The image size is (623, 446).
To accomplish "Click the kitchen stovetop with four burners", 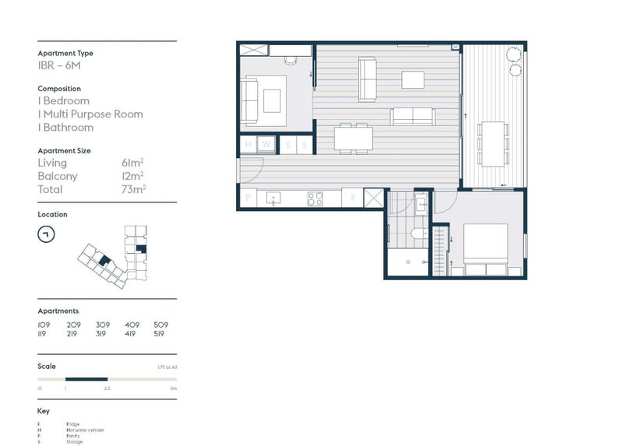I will pos(315,198).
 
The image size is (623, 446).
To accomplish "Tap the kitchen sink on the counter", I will pos(273,198).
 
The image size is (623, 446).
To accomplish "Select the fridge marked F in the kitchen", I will pos(354,198).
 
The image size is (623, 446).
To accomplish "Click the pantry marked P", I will pos(248,198).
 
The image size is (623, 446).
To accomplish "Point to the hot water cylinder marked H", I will pos(248,145).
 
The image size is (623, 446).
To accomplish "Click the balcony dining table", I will pos(492,143).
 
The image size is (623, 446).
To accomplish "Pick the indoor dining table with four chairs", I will pos(354,138).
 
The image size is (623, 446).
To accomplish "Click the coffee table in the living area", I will pos(413,79).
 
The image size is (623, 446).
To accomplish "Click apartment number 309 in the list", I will pos(103,325).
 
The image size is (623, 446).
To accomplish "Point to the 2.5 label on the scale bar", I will pos(107,387).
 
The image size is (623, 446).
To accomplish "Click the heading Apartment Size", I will pos(64,149).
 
